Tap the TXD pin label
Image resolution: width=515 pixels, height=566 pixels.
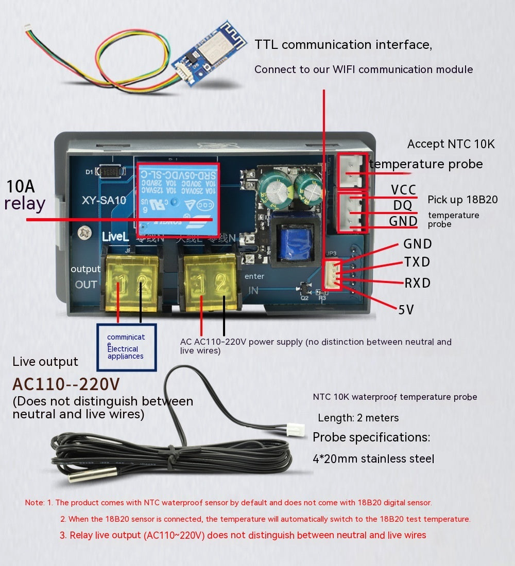tap(417, 262)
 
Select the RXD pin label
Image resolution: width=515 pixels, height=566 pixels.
tap(417, 283)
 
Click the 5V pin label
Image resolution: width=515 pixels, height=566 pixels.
tap(406, 309)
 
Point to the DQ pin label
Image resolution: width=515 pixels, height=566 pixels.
tap(403, 205)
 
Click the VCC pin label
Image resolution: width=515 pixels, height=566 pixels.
tap(403, 190)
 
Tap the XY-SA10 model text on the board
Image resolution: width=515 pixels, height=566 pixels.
tap(103, 201)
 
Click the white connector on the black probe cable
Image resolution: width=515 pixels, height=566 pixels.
tap(295, 430)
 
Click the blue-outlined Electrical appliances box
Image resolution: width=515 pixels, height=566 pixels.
tap(126, 347)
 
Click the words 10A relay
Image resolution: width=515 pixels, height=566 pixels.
tap(25, 195)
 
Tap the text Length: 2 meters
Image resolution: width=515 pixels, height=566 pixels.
tap(358, 418)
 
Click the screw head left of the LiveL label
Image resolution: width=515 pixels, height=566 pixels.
tap(82, 233)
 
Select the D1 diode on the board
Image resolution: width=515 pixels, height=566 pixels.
tap(111, 171)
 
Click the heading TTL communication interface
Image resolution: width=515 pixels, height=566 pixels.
tap(343, 44)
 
